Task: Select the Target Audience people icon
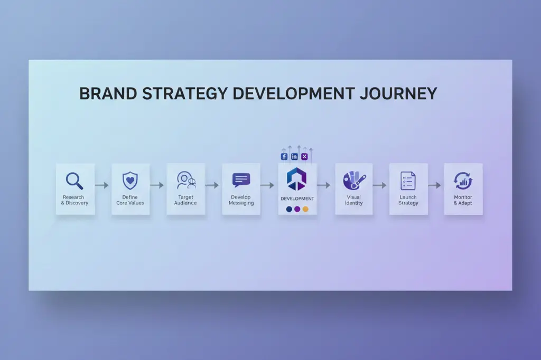185,181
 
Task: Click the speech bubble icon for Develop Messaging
241,181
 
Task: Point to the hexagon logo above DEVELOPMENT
297,179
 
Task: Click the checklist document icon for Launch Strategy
407,181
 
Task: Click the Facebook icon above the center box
284,156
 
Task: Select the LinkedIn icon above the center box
294,156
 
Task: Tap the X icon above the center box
304,156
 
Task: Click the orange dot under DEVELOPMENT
305,209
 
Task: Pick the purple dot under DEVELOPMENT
297,209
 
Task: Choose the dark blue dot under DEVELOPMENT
288,209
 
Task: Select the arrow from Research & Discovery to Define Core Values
102,185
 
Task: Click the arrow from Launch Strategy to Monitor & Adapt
434,185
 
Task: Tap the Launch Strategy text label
408,200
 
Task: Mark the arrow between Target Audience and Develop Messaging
212,185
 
